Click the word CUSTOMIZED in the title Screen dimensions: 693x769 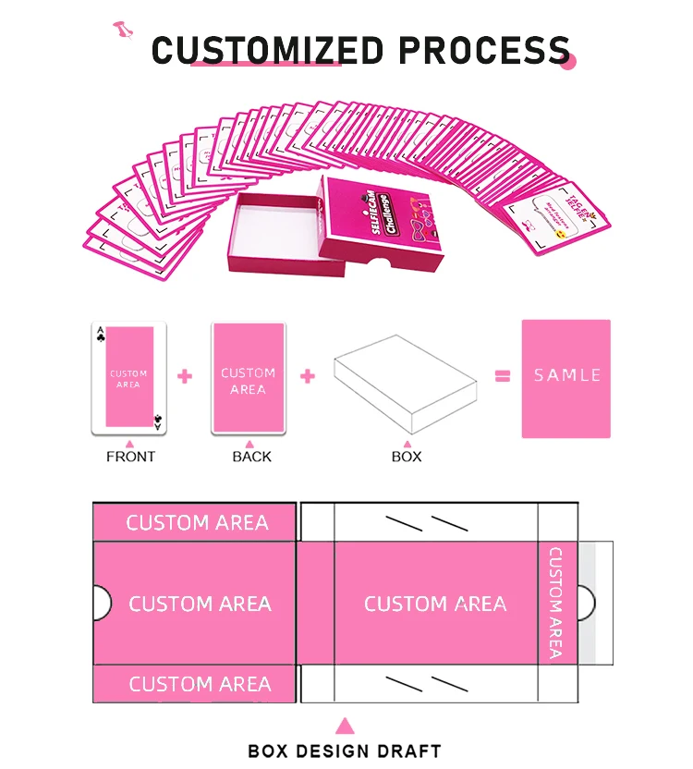pyautogui.click(x=266, y=50)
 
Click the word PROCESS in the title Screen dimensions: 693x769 pyautogui.click(x=480, y=50)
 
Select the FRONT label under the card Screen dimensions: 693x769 pyautogui.click(x=130, y=457)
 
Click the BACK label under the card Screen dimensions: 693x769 pyautogui.click(x=251, y=457)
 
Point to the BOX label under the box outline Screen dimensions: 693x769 pyautogui.click(x=407, y=457)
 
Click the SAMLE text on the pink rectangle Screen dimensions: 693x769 pyautogui.click(x=566, y=375)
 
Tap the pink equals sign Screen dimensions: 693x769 pyautogui.click(x=503, y=376)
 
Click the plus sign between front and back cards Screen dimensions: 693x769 pyautogui.click(x=185, y=376)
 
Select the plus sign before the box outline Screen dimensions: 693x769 pyautogui.click(x=308, y=376)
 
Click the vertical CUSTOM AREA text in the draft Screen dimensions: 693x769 pyautogui.click(x=555, y=603)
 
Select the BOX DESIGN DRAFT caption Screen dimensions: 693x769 pyautogui.click(x=345, y=751)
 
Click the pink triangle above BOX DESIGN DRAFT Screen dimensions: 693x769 pyautogui.click(x=345, y=726)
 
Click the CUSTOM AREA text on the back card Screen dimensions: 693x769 pyautogui.click(x=248, y=381)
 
